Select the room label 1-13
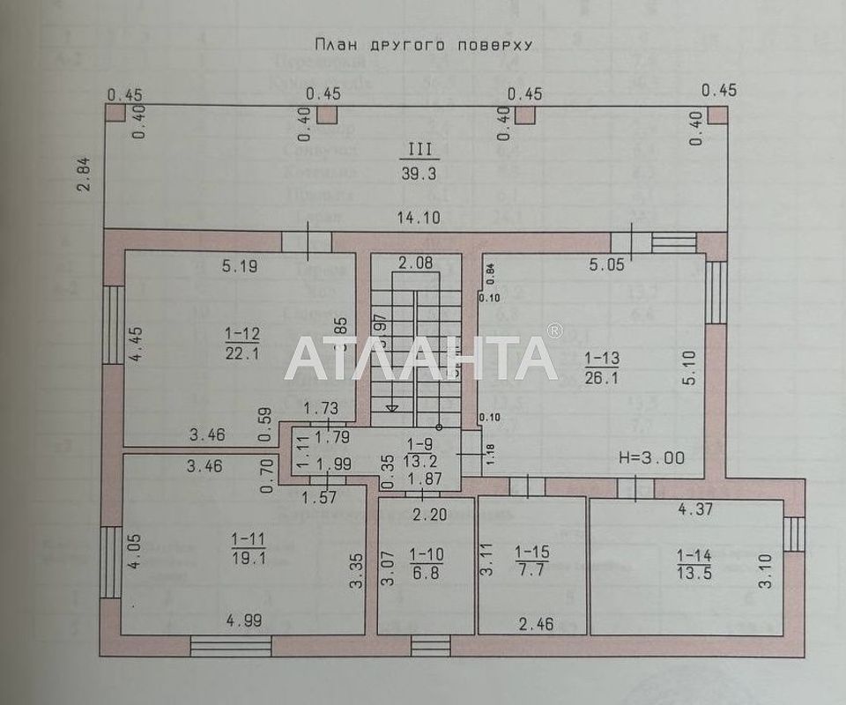pos(603,359)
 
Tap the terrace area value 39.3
pos(419,174)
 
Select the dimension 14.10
pos(419,217)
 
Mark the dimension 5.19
pos(239,266)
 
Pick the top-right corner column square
pos(718,115)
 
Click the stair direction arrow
pos(392,407)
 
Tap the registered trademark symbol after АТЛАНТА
pos(554,331)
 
